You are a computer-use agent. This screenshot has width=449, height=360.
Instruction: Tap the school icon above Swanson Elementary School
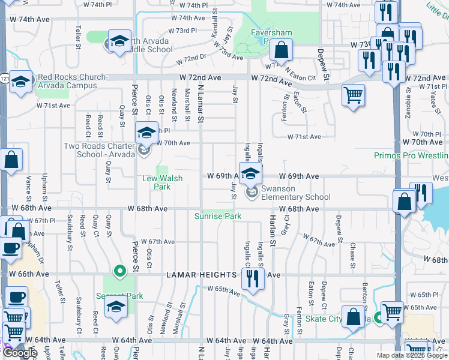[252, 173]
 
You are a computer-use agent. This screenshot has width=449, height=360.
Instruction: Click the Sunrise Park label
[217, 216]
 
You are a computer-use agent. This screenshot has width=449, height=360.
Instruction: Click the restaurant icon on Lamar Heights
[253, 278]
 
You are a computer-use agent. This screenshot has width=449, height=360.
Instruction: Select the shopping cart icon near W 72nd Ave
[353, 94]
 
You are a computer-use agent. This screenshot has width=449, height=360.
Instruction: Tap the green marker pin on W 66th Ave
[119, 272]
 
